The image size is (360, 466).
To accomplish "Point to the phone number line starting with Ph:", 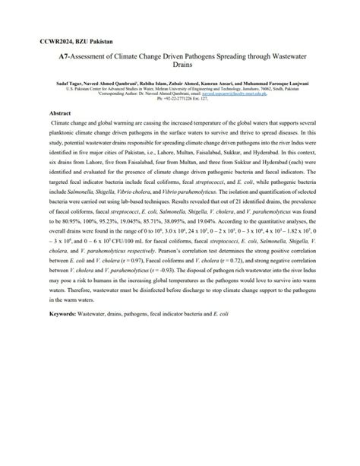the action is click(x=179, y=119).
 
